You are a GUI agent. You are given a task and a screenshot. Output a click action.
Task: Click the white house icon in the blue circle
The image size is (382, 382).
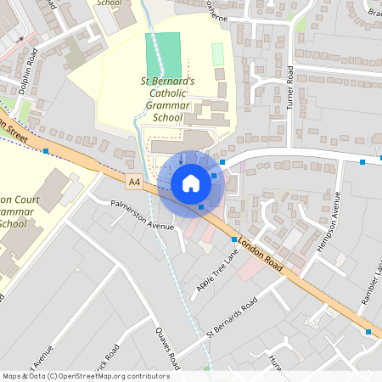coord(191,183)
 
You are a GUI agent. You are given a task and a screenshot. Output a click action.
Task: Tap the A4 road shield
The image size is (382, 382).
coord(135,181)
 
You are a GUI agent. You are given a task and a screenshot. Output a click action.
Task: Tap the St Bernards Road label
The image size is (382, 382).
coord(232,323)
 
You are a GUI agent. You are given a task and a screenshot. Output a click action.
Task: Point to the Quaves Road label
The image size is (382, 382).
coord(168,349)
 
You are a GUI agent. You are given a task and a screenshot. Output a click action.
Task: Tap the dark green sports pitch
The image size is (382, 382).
coord(163,53)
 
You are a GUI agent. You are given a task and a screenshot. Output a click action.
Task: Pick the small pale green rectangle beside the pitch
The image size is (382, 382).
coord(217,54)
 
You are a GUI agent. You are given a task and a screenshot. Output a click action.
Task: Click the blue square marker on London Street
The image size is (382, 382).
coord(46,151)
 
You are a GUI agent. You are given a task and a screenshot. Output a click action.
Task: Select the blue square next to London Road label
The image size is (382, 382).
coord(234,240)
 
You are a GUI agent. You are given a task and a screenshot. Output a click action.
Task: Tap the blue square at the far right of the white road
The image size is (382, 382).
coord(362,161)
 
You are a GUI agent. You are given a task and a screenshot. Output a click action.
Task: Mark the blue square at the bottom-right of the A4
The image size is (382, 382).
coord(368,332)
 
